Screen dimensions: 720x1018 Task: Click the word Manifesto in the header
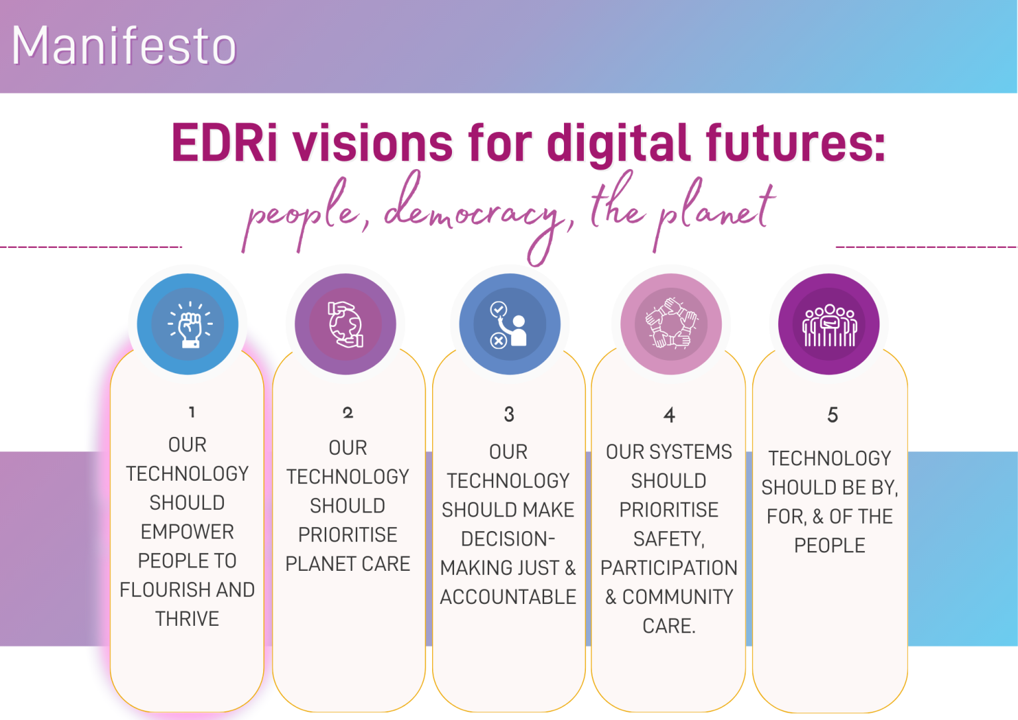pyautogui.click(x=124, y=46)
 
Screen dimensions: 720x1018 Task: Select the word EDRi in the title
pyautogui.click(x=224, y=143)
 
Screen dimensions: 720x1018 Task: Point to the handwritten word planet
pyautogui.click(x=716, y=209)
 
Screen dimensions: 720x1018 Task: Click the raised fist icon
pyautogui.click(x=189, y=325)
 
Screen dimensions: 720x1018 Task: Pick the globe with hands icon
pyautogui.click(x=345, y=325)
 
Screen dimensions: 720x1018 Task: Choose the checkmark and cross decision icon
pyautogui.click(x=509, y=325)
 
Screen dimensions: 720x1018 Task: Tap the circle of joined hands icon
pyautogui.click(x=671, y=325)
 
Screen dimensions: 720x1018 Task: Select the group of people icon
pyautogui.click(x=829, y=325)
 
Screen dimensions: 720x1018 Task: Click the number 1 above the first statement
pyautogui.click(x=192, y=412)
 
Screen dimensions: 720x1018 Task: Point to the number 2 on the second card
pyautogui.click(x=348, y=413)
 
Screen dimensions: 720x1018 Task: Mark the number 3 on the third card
pyautogui.click(x=509, y=414)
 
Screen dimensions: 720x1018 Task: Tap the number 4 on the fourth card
pyautogui.click(x=669, y=416)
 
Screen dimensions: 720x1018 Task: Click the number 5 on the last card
pyautogui.click(x=832, y=415)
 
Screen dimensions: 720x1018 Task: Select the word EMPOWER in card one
pyautogui.click(x=188, y=532)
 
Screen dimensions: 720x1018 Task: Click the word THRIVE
pyautogui.click(x=188, y=619)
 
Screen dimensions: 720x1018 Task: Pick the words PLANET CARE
pyautogui.click(x=348, y=564)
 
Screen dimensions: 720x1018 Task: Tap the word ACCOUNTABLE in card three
pyautogui.click(x=508, y=597)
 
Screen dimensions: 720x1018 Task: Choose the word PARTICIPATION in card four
pyautogui.click(x=669, y=568)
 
